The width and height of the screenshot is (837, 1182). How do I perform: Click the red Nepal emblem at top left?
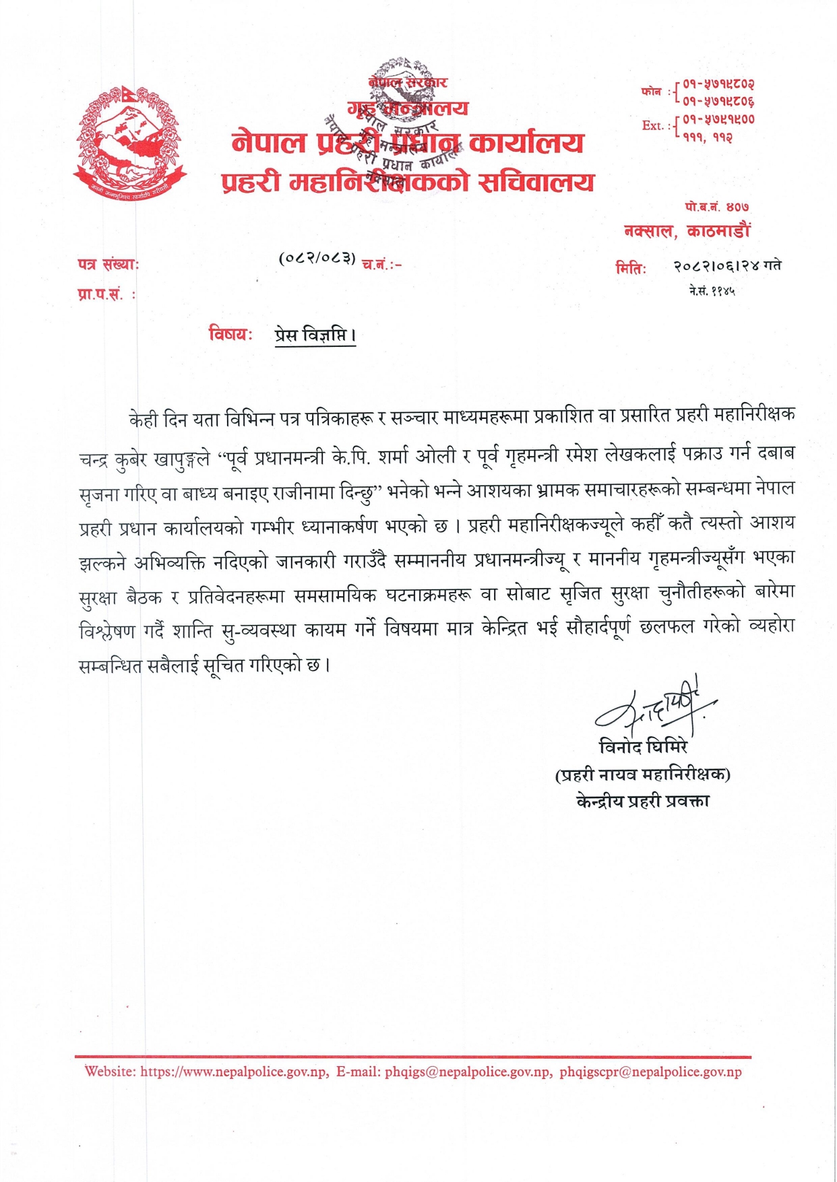coord(129,142)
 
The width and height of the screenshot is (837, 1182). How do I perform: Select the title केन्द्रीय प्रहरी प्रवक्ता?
coord(642,801)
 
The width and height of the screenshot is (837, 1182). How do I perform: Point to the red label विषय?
coord(230,334)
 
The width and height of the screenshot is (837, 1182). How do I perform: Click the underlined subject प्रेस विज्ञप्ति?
coord(315,335)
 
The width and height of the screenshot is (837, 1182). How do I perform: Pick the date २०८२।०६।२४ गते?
coord(727,266)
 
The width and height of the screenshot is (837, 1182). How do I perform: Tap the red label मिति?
coord(631,268)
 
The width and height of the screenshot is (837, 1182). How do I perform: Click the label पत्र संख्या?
coord(108,265)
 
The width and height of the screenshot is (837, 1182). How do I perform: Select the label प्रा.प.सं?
coord(104,294)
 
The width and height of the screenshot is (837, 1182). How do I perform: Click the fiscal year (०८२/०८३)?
coord(317,258)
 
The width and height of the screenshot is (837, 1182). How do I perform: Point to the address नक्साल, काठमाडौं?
coord(687,231)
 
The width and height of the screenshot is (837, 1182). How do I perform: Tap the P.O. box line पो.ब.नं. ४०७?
coord(716,207)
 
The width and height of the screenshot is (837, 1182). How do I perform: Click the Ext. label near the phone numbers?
coord(656,125)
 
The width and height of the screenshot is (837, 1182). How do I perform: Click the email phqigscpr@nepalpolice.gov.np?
coord(650,1072)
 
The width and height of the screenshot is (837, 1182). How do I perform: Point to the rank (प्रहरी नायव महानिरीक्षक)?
coord(642,775)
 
